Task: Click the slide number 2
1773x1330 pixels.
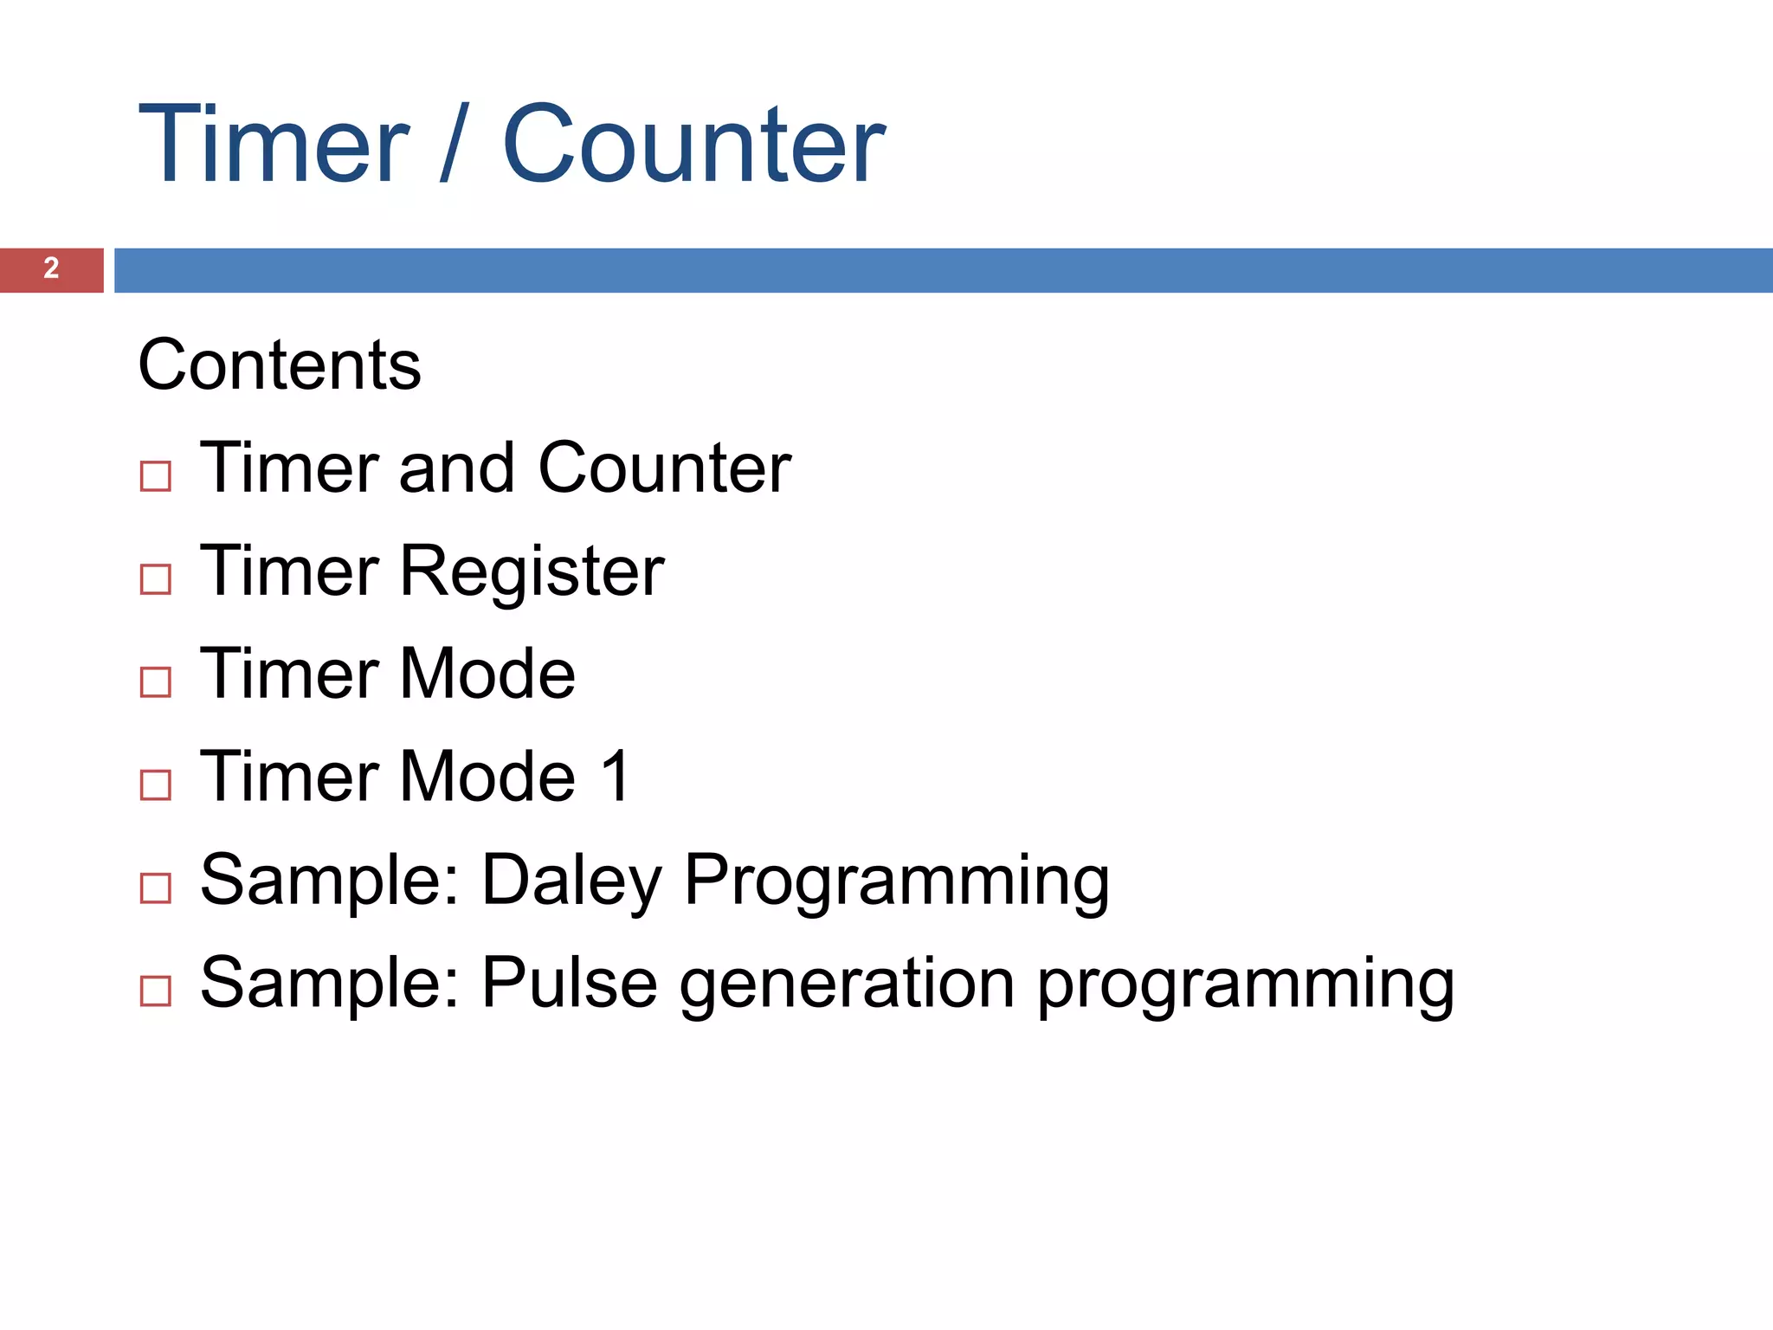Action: pos(51,268)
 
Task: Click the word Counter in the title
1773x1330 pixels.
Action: pos(693,144)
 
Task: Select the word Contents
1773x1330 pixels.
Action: pos(279,365)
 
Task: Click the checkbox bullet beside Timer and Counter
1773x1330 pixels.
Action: pos(156,476)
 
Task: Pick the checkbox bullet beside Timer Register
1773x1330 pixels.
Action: pos(156,579)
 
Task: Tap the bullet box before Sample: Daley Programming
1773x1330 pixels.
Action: pos(156,888)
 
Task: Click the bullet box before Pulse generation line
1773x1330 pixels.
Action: pos(156,991)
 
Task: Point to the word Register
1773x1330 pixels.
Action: pos(532,571)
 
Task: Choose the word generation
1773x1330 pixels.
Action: pos(847,985)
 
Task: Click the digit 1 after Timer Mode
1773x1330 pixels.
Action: pos(616,777)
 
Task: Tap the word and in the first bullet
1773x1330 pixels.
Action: pos(456,468)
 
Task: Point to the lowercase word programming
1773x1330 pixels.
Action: pos(1245,985)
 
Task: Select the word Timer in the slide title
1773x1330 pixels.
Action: pos(273,144)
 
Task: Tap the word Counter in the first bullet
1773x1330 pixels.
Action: pos(664,468)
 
